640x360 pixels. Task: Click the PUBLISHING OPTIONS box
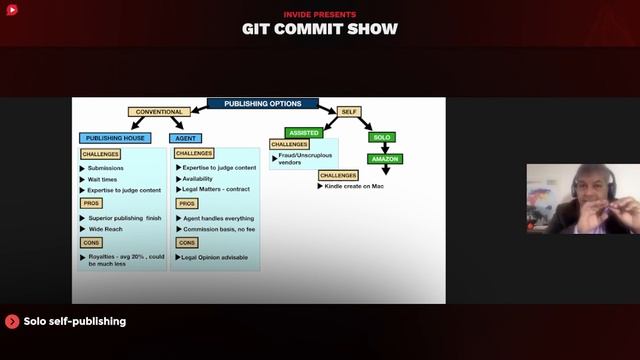(x=262, y=103)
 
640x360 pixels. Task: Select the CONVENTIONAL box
(x=158, y=112)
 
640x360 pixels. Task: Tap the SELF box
(x=348, y=112)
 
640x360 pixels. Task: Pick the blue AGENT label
(x=186, y=138)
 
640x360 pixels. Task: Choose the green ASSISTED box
(x=303, y=132)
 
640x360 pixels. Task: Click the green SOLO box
(x=381, y=137)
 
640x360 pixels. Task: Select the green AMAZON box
(x=385, y=159)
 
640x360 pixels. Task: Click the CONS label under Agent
(x=187, y=242)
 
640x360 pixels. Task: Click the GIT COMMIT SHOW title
(x=319, y=28)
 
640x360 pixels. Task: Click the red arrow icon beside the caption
(x=12, y=321)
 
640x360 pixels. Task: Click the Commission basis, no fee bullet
(x=220, y=229)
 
